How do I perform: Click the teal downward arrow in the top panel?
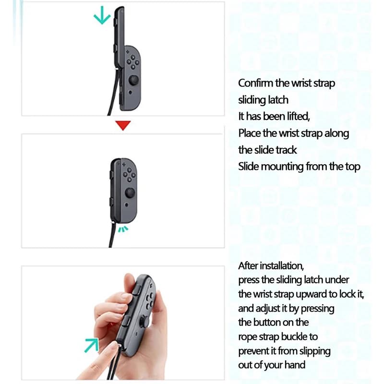102,16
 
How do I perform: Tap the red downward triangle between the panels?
123,125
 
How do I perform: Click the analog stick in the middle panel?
130,192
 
